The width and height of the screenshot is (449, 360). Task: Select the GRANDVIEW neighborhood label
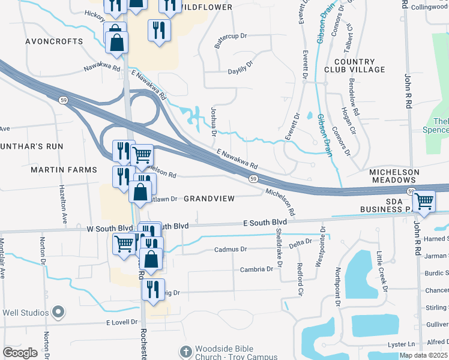208,198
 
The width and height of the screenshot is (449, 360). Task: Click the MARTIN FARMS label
63,170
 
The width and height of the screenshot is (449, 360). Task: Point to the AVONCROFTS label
54,42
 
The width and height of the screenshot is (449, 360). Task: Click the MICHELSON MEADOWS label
394,176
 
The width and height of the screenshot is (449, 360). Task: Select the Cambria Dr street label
256,269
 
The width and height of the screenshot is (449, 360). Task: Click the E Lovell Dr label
122,323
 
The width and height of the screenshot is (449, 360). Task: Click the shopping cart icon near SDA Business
424,201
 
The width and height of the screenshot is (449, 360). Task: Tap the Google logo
20,353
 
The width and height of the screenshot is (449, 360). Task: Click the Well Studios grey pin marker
58,312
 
